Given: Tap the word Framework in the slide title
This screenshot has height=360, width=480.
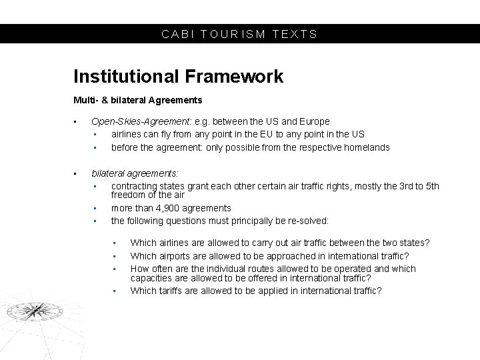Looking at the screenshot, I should [235, 77].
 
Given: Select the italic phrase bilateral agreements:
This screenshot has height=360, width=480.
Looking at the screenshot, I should [135, 173].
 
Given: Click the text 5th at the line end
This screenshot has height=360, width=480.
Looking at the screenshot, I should [431, 185].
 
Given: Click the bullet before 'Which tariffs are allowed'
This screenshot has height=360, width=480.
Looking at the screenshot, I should [115, 291].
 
